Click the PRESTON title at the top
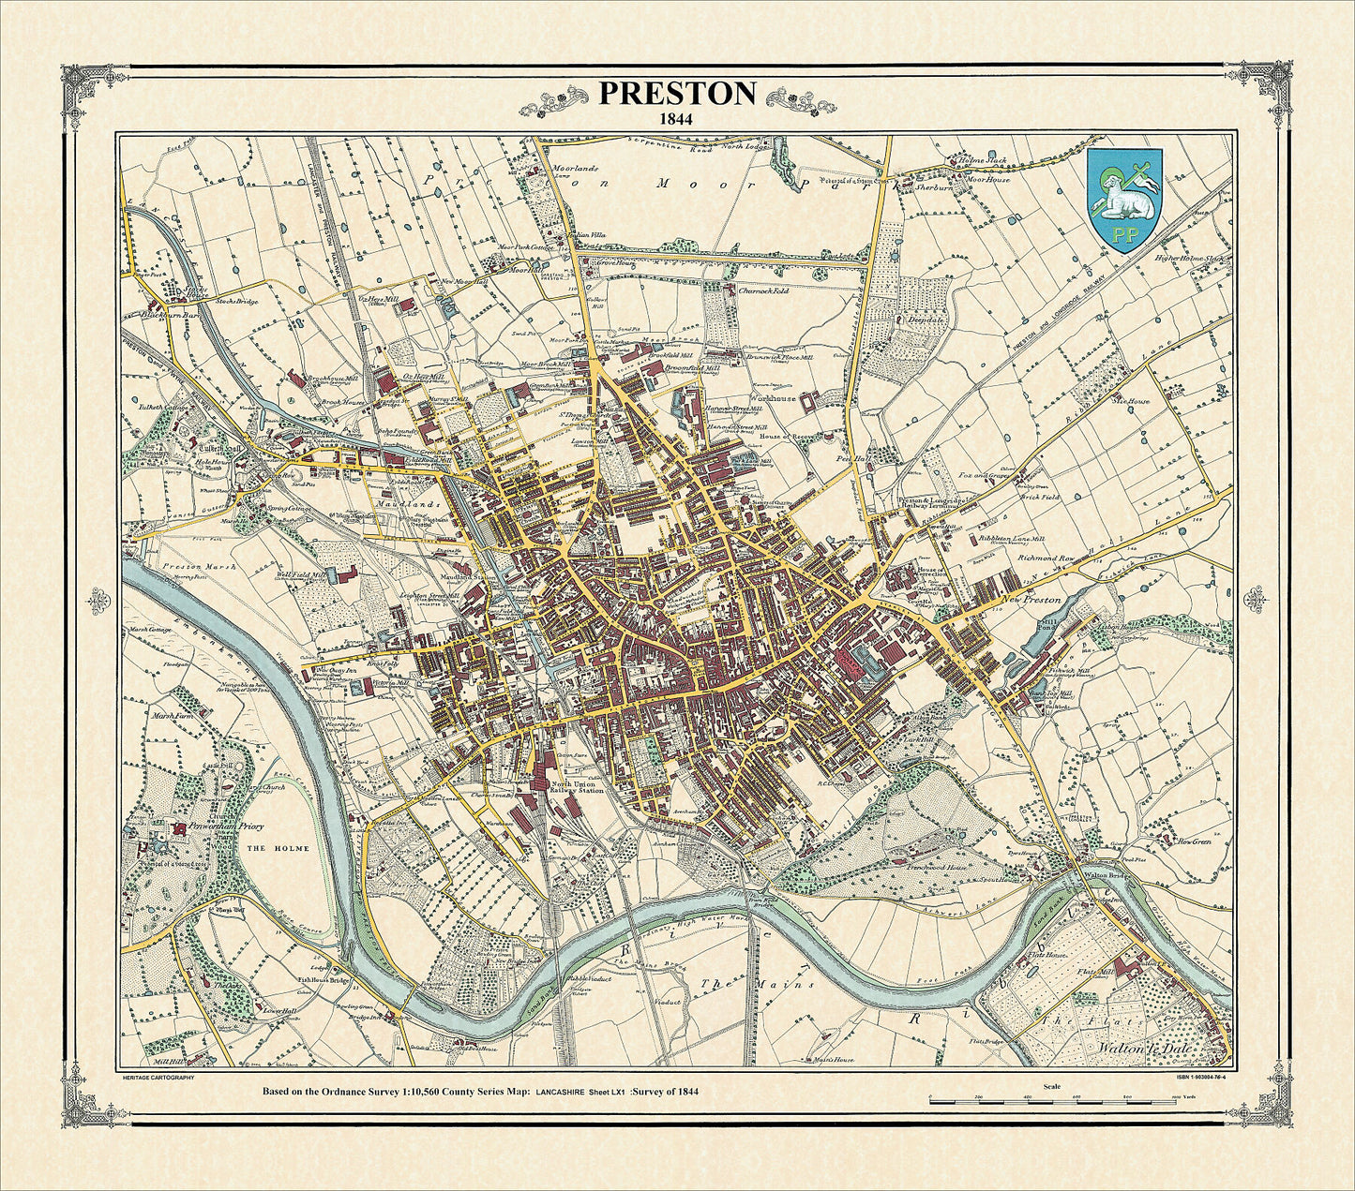pyautogui.click(x=677, y=93)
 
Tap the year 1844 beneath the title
pyautogui.click(x=677, y=119)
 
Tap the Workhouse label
pyautogui.click(x=771, y=398)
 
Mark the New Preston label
pyautogui.click(x=1031, y=599)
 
